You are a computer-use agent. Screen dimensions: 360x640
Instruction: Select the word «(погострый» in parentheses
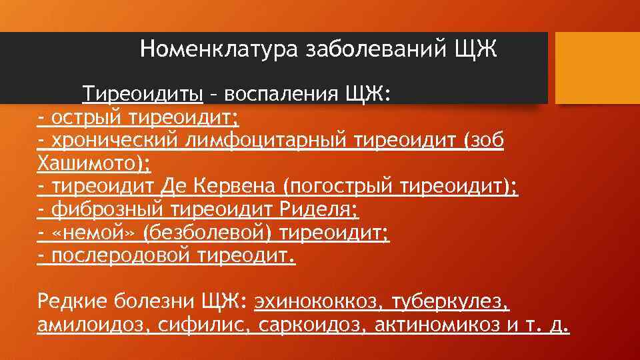pyautogui.click(x=340, y=187)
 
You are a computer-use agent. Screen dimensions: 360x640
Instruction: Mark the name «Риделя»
pyautogui.click(x=319, y=210)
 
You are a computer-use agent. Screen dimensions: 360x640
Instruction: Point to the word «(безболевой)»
pyautogui.click(x=203, y=233)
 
